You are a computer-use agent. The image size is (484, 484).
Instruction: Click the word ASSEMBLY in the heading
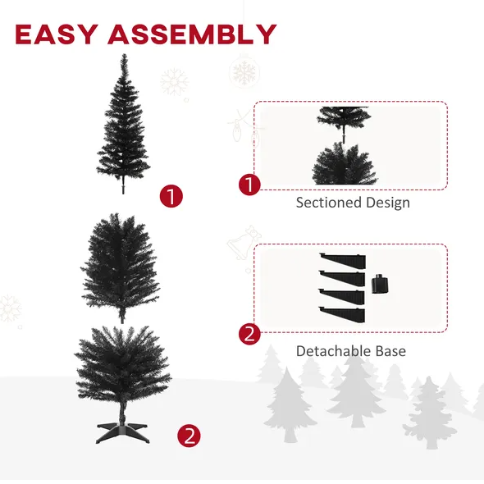click(192, 34)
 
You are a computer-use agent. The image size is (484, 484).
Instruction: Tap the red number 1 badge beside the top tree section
click(171, 196)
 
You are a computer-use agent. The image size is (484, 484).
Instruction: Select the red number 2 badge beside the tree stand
click(189, 436)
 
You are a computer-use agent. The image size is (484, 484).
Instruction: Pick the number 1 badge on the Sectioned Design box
click(249, 185)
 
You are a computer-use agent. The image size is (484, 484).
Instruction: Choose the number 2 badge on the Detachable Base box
click(249, 334)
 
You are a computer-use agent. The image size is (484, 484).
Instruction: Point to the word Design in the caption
click(388, 203)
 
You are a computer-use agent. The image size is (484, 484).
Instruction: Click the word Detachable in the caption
click(333, 351)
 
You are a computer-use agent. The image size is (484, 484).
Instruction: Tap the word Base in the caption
click(390, 351)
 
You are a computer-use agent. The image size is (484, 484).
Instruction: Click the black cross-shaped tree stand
click(122, 431)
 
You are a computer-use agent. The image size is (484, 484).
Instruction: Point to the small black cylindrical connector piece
click(379, 284)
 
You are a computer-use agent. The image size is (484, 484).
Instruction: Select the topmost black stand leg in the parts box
click(343, 261)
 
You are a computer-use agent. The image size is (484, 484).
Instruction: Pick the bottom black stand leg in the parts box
click(342, 314)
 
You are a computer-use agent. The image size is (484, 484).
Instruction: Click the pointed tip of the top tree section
click(124, 55)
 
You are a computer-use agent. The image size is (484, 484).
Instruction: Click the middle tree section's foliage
click(121, 266)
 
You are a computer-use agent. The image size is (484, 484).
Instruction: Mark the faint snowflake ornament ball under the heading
click(244, 72)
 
